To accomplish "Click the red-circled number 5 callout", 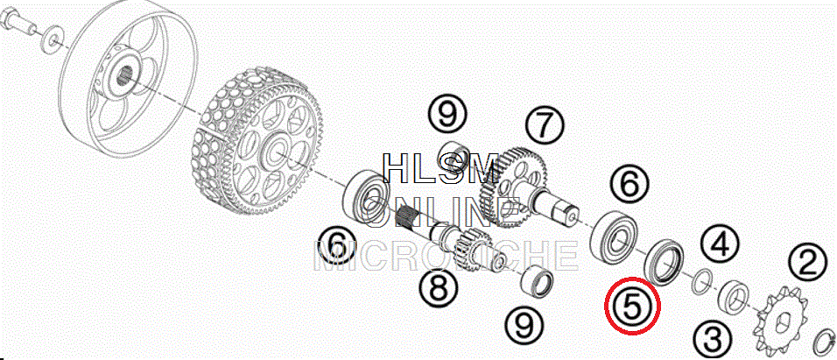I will [633, 306].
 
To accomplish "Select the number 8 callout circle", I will [437, 285].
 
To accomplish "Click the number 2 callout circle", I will [807, 262].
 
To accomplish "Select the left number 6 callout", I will [336, 245].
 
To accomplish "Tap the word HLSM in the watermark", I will [441, 167].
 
